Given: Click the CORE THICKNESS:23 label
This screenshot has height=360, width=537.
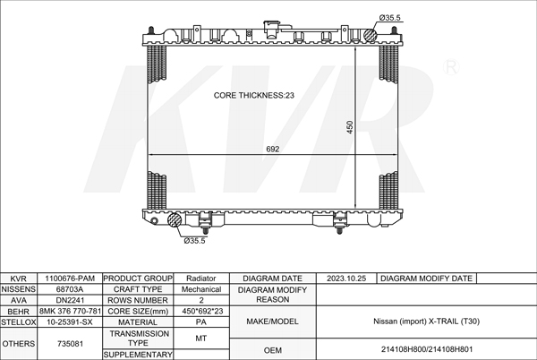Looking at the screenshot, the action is click(254, 95).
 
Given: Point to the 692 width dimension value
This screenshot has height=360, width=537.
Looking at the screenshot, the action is click(273, 149).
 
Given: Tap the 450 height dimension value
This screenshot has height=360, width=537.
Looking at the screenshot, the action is click(350, 127).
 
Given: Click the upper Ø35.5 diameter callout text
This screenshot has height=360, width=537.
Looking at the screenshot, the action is click(389, 18).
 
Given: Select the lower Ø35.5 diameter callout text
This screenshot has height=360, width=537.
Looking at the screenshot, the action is click(194, 241).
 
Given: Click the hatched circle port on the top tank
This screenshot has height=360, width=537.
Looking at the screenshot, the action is click(370, 36).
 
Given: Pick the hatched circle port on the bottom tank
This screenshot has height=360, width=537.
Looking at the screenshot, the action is click(175, 219).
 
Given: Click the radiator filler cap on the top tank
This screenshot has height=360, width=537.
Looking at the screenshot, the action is click(272, 29).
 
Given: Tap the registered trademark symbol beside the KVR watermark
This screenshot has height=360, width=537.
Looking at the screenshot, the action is click(451, 67).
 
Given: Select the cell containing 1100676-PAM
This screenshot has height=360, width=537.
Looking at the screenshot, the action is click(70, 279).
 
